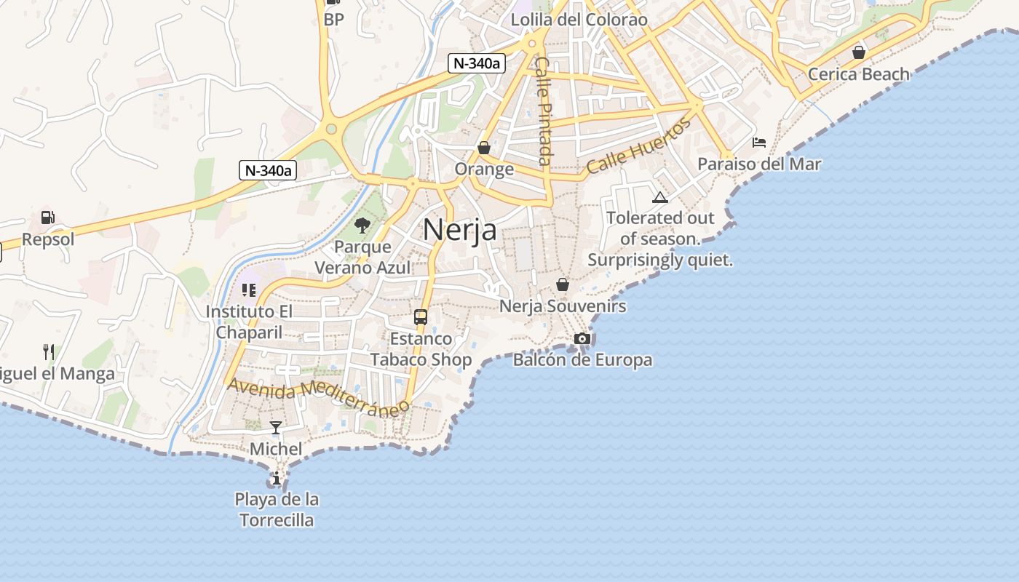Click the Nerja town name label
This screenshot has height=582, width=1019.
click(x=459, y=230)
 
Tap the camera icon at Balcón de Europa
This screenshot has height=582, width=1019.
click(x=582, y=338)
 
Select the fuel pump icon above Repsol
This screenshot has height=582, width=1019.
click(x=47, y=217)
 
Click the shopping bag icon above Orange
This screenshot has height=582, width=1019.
click(x=484, y=148)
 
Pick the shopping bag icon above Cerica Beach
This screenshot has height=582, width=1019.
click(x=859, y=52)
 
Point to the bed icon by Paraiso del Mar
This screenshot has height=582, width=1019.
click(x=759, y=143)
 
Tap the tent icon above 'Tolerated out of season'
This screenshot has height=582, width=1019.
click(x=659, y=197)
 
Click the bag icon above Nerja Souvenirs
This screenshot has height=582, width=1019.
click(x=562, y=284)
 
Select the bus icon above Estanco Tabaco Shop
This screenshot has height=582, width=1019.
click(x=421, y=317)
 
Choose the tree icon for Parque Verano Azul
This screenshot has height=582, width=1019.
click(x=362, y=226)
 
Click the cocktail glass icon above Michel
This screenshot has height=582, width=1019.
click(x=276, y=428)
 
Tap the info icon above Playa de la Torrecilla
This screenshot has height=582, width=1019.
click(x=277, y=479)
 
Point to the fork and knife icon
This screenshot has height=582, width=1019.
click(x=49, y=353)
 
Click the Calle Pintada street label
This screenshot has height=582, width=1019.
click(x=543, y=111)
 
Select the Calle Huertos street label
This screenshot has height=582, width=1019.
click(x=638, y=146)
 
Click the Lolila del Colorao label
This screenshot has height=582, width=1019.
click(x=579, y=20)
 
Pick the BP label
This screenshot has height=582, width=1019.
click(x=333, y=20)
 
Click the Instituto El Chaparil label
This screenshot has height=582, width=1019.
click(x=249, y=322)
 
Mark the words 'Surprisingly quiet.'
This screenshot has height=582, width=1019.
click(x=659, y=260)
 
